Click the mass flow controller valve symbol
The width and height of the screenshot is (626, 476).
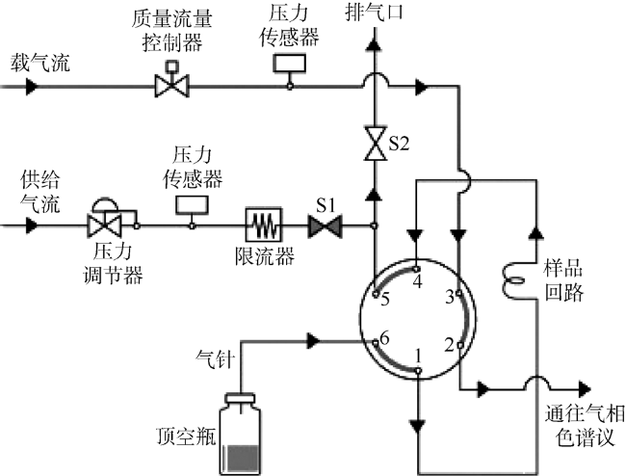175,85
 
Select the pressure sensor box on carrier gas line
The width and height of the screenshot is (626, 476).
289,62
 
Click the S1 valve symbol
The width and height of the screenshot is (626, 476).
323,227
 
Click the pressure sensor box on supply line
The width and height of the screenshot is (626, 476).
191,204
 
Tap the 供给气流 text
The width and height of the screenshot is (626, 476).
39,192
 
